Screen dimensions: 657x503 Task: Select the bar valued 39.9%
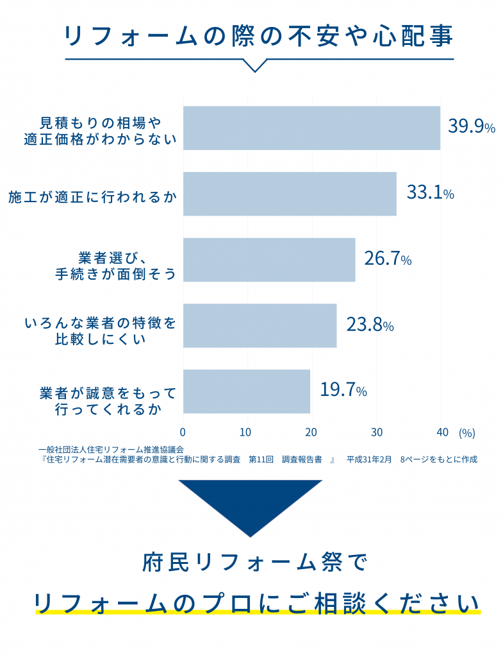click(311, 128)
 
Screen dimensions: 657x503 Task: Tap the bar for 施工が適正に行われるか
click(290, 194)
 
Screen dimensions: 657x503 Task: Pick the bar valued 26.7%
click(269, 259)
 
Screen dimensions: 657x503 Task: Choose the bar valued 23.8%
click(260, 325)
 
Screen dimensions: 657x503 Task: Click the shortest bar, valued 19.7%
click(247, 391)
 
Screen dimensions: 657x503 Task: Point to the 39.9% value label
click(471, 126)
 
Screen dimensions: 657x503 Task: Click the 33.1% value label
click(430, 192)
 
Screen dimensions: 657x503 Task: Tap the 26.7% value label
click(387, 259)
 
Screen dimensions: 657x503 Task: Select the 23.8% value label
click(369, 325)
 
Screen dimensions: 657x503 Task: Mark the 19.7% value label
click(343, 390)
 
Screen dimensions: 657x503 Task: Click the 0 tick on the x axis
click(183, 432)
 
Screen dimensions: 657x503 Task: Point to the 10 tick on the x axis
click(246, 432)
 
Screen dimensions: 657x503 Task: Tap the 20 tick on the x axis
click(311, 432)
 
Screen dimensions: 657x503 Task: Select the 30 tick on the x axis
click(377, 432)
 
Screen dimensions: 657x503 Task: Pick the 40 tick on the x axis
click(441, 432)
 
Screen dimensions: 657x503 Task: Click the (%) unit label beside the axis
click(466, 432)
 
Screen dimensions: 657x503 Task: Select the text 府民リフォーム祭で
click(254, 563)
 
